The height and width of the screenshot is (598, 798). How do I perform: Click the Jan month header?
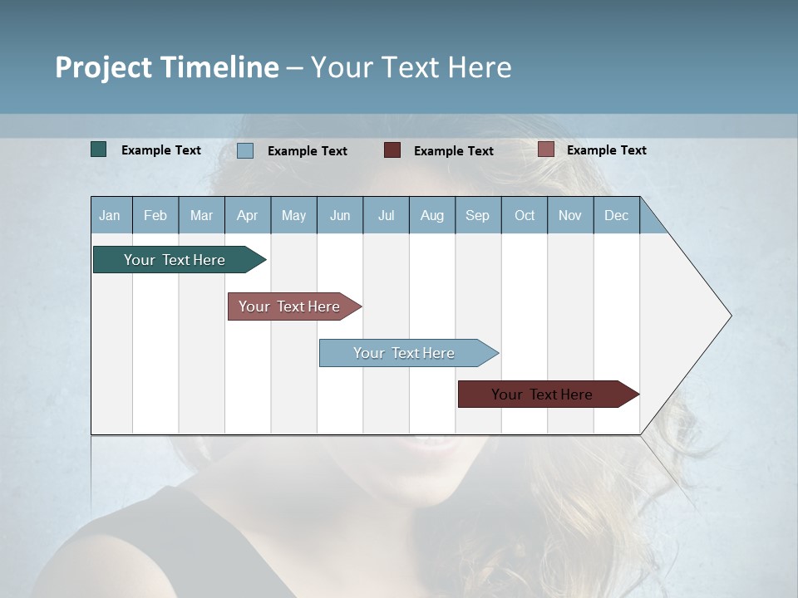point(111,215)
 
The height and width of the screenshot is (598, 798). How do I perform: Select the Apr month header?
point(248,215)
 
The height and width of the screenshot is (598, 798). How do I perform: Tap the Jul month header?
point(386,215)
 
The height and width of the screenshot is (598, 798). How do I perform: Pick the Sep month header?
point(478,215)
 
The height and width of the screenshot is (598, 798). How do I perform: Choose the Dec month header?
point(616,215)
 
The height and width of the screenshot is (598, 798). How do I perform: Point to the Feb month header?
point(155,215)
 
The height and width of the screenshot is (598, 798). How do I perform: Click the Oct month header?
point(525,215)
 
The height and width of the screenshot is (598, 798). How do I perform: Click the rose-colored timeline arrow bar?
point(291,306)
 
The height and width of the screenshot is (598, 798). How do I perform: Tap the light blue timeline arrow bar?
point(406,353)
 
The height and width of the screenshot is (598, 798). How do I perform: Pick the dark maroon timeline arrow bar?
point(544,395)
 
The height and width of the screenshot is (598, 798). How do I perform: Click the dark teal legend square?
point(98,149)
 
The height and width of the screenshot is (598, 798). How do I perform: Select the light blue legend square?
point(245,150)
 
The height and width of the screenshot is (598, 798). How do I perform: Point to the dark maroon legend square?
point(392,150)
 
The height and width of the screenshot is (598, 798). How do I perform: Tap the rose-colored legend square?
point(545,149)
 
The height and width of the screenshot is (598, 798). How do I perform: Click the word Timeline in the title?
point(219,67)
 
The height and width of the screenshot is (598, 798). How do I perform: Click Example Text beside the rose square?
point(606,150)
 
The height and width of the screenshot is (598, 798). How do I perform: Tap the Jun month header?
point(340,215)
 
